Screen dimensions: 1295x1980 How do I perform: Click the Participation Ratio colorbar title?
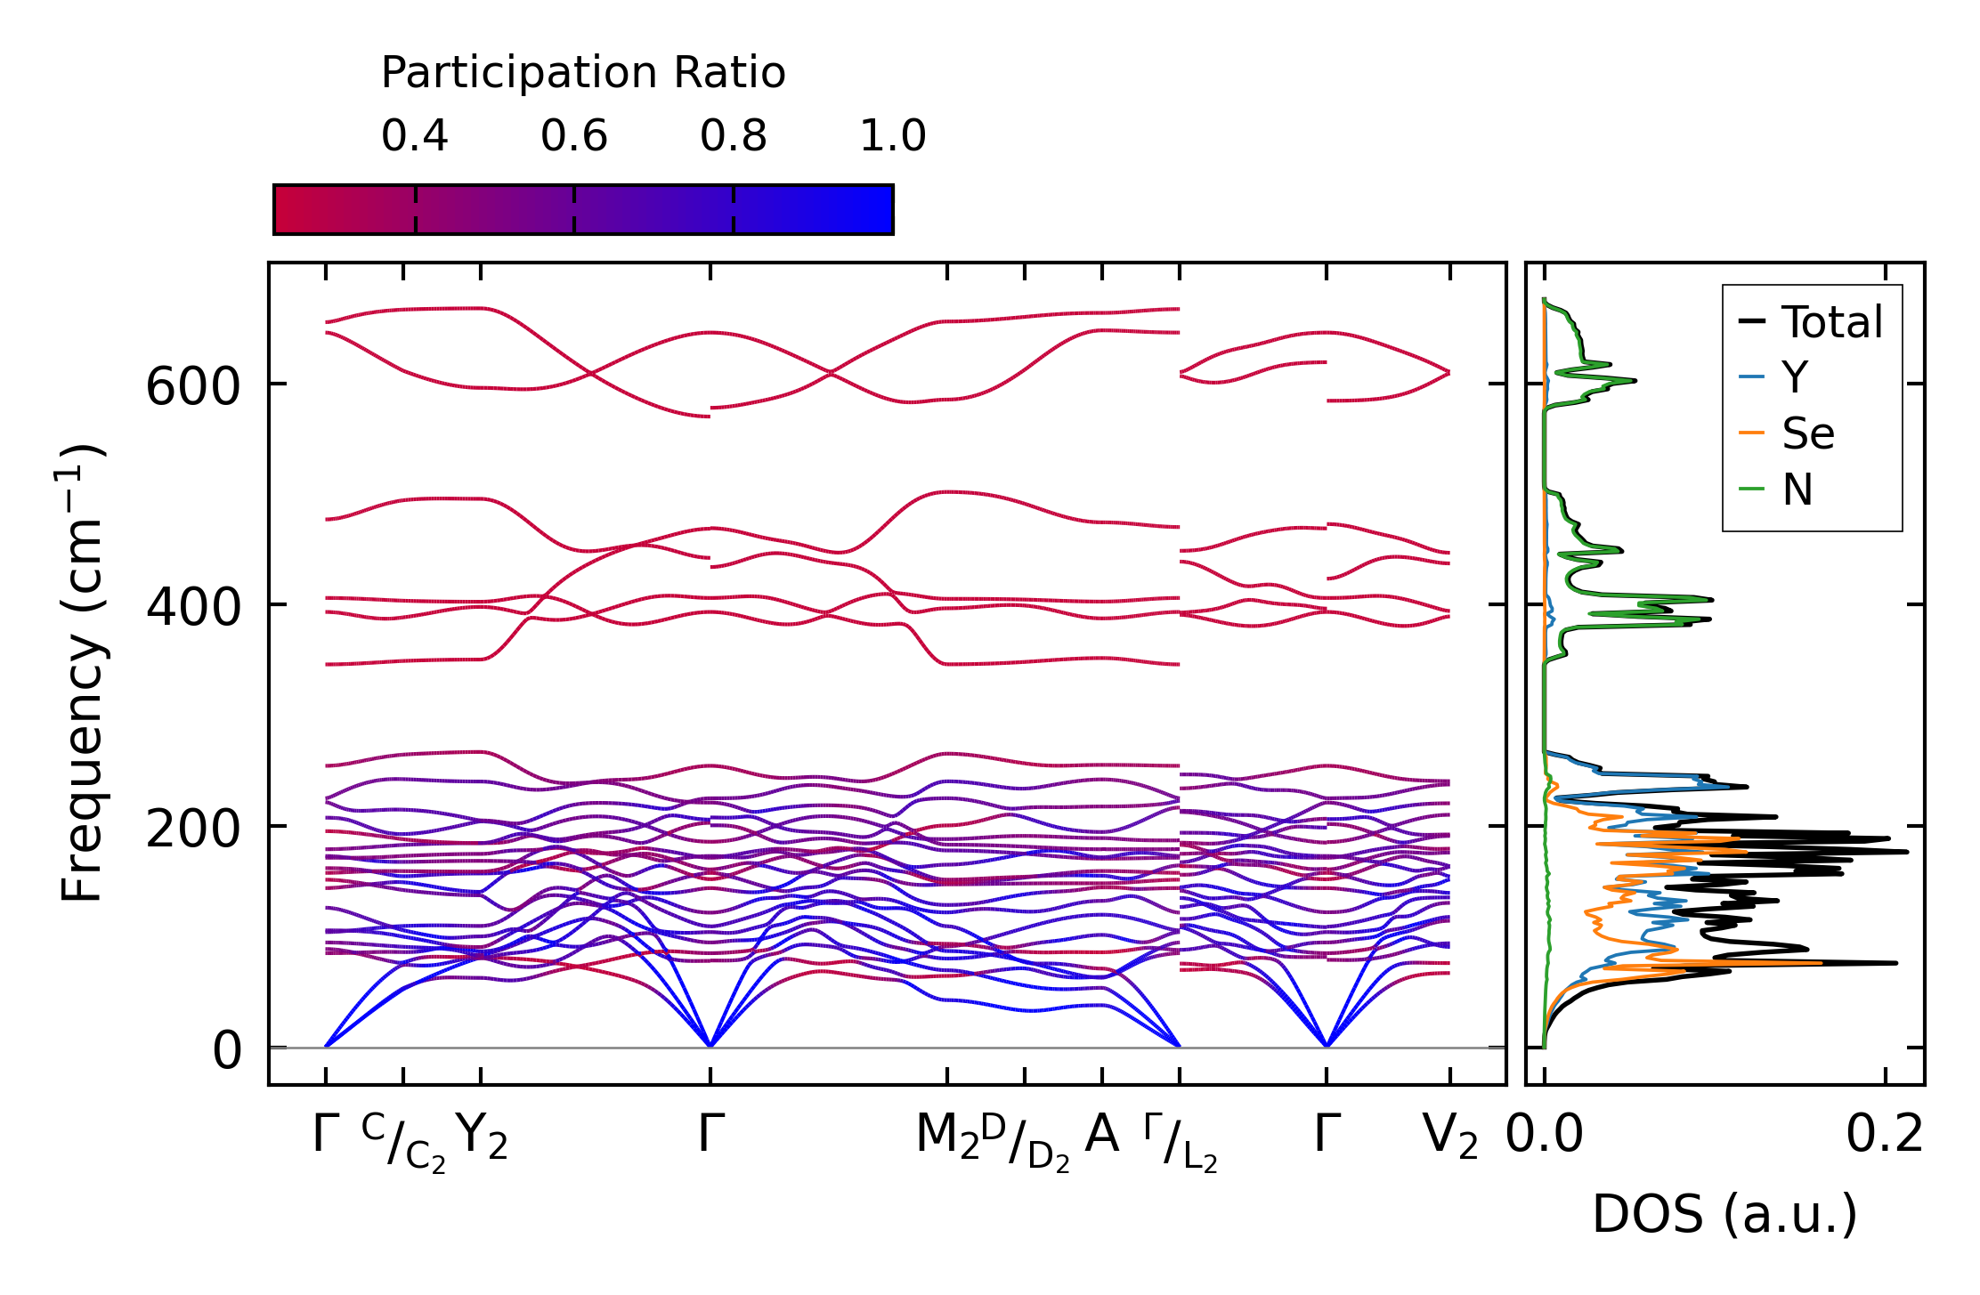[583, 73]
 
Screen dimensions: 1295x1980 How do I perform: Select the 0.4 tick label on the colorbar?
[415, 136]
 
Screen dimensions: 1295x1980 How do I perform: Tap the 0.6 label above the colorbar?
[574, 136]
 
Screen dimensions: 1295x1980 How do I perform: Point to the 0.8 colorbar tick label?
[734, 136]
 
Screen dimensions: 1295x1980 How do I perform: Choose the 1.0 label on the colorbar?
[893, 136]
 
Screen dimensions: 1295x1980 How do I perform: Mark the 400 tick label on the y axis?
[193, 609]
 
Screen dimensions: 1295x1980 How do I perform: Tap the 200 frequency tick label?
[193, 830]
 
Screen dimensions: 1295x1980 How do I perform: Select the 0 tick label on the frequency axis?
[227, 1050]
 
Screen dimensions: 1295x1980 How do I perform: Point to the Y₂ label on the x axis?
[482, 1137]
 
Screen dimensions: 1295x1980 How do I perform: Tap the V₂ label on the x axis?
[1450, 1137]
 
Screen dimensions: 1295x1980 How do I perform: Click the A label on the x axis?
[1102, 1135]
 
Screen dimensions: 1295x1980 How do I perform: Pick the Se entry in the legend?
[1807, 434]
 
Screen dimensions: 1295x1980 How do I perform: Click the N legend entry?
[1797, 490]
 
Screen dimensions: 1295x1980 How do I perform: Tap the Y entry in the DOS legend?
[1795, 378]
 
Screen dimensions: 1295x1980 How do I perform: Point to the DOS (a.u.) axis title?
[1724, 1215]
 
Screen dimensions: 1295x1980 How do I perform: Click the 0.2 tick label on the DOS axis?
[1885, 1136]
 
